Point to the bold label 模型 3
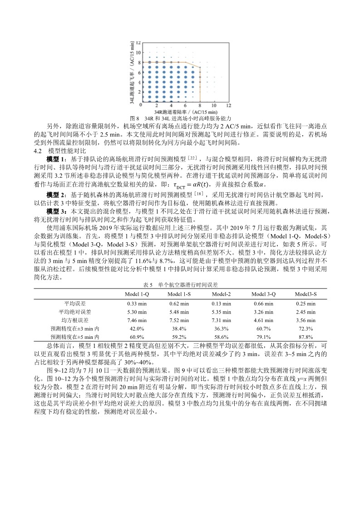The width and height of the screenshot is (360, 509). [56, 212]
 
